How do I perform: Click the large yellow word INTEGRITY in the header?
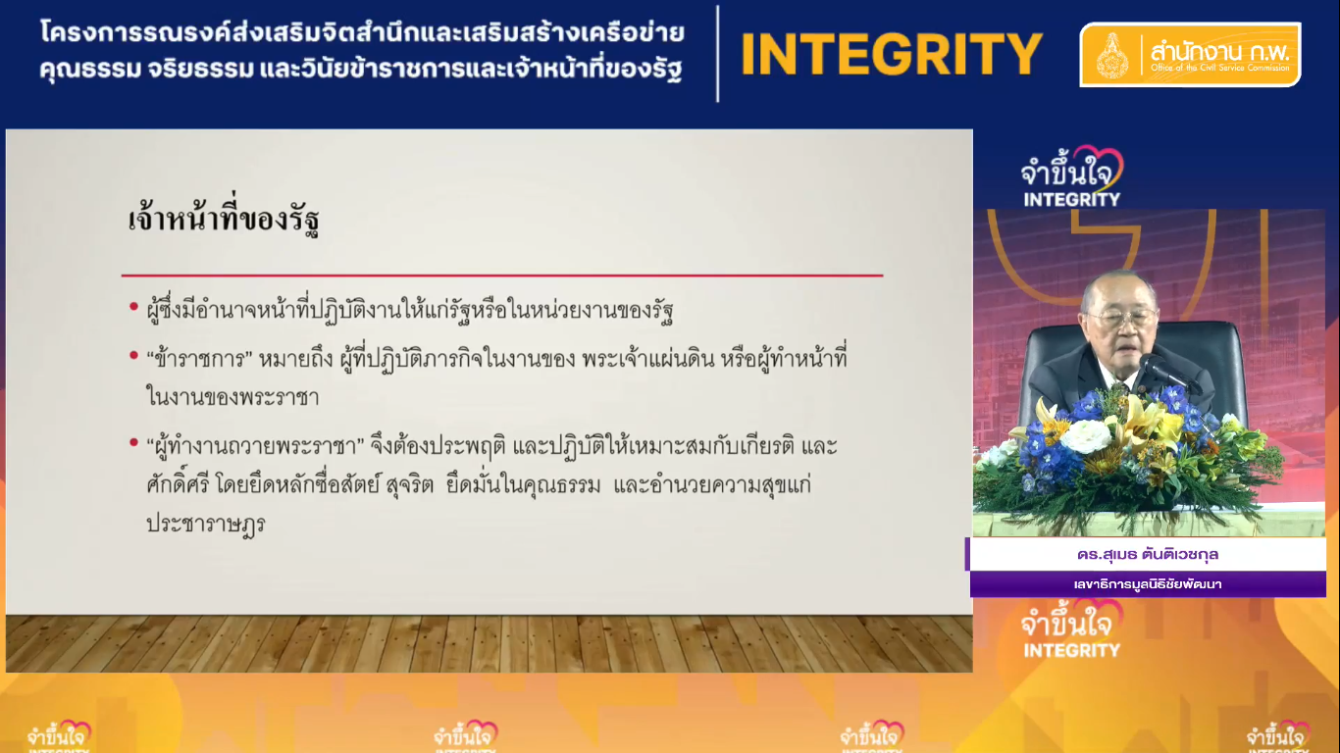point(892,55)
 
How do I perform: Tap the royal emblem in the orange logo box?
point(1112,56)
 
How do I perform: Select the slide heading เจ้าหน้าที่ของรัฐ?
point(224,220)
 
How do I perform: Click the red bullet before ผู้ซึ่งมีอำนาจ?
point(134,307)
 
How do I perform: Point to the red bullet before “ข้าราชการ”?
point(134,355)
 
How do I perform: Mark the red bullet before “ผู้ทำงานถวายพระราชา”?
point(134,442)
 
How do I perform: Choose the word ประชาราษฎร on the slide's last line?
point(206,524)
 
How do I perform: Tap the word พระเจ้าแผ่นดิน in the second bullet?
point(647,359)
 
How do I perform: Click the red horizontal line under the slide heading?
point(502,276)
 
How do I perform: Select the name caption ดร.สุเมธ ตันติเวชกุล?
point(1148,554)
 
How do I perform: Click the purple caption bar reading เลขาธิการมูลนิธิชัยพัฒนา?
point(1148,583)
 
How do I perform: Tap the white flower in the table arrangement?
point(1086,435)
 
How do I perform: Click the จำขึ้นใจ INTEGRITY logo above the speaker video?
point(1071,177)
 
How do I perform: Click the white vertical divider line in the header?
point(717,54)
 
